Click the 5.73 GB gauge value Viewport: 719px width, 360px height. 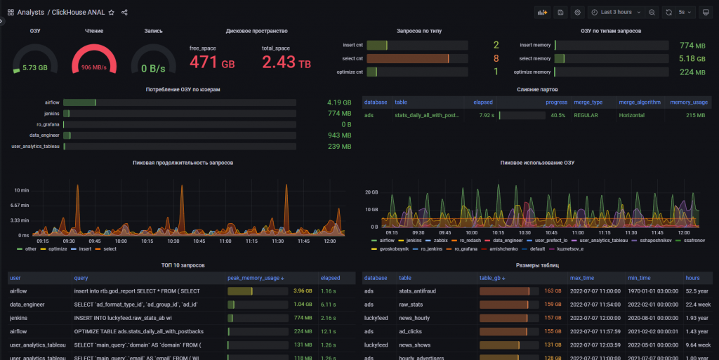click(35, 68)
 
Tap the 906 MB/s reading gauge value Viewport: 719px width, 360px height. click(94, 68)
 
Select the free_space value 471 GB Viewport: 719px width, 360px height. click(212, 62)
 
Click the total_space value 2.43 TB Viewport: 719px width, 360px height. click(286, 62)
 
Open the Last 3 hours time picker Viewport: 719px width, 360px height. click(616, 12)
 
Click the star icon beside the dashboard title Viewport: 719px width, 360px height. click(112, 12)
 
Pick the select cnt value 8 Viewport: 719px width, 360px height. click(496, 58)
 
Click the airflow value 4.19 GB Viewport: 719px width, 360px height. click(338, 102)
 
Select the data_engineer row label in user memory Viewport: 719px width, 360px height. click(44, 135)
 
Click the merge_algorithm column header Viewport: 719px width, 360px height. click(639, 102)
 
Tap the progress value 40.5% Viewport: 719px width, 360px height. click(558, 115)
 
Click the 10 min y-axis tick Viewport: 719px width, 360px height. click(21, 190)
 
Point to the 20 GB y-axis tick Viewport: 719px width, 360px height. click(371, 191)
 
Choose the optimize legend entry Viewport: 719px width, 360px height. click(58, 248)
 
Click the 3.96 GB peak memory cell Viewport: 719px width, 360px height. click(303, 291)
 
